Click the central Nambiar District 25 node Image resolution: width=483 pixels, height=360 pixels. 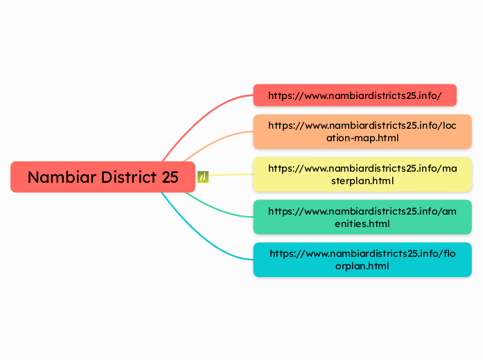[x=103, y=177]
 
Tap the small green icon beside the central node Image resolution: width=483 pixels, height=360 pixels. [x=203, y=177]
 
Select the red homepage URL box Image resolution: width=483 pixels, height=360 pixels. [x=355, y=96]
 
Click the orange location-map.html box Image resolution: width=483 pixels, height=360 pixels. [x=362, y=132]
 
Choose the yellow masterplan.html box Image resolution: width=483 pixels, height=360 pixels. [x=362, y=174]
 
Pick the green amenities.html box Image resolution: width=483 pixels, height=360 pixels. [x=362, y=217]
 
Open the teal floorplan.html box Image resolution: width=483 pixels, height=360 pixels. [x=362, y=260]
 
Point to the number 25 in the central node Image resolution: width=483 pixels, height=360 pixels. [x=170, y=177]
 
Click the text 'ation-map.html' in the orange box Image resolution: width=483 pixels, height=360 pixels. [x=363, y=138]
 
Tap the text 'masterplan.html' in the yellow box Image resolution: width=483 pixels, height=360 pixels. [x=363, y=181]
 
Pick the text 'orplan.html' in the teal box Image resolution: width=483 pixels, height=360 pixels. [x=363, y=267]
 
